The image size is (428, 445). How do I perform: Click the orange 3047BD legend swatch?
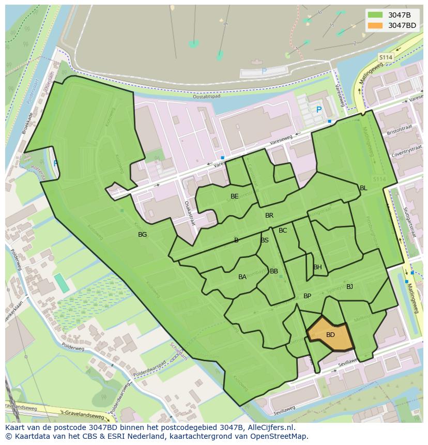(x=375, y=25)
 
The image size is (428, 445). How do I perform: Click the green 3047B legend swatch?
(x=375, y=15)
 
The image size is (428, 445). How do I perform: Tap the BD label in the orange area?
(x=330, y=335)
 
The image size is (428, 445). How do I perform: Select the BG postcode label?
(x=143, y=235)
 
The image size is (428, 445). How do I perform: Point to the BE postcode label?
(x=235, y=196)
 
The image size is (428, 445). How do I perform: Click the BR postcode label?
(x=269, y=216)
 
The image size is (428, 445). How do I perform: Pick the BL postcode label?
(x=363, y=188)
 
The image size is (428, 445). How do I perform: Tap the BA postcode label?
(x=242, y=277)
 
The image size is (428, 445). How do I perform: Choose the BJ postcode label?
(x=350, y=287)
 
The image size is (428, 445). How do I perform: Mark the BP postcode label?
(x=308, y=296)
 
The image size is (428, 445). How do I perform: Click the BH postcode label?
(x=317, y=267)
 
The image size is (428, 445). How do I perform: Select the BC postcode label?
(x=283, y=231)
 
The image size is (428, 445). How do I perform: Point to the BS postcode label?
(x=265, y=240)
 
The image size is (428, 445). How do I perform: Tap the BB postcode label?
(x=274, y=271)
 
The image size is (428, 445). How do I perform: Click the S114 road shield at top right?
(x=386, y=57)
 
